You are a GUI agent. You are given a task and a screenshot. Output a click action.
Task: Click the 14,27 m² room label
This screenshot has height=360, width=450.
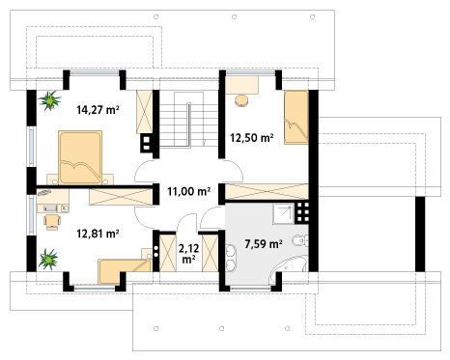98,110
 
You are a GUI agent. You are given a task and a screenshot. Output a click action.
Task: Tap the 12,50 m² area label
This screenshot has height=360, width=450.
252,138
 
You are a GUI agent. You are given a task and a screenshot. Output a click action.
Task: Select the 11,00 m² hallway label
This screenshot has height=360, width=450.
189,191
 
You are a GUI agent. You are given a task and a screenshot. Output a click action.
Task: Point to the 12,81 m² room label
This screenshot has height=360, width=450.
98,234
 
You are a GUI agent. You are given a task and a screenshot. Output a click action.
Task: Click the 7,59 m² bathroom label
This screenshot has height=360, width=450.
264,244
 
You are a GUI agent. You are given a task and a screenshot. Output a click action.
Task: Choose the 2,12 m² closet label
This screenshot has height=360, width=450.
188,254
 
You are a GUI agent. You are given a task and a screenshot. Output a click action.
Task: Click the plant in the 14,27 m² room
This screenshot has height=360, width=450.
49,100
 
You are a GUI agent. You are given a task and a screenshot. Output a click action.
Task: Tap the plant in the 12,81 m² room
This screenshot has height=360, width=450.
48,259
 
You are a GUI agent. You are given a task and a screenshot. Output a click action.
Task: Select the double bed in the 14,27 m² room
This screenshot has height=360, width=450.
80,157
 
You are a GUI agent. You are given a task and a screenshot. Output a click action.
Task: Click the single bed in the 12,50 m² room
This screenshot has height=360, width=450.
296,118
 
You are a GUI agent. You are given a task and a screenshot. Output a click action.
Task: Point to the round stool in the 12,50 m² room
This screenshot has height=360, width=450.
241,100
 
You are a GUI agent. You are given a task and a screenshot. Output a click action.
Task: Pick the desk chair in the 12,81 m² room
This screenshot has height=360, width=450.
52,222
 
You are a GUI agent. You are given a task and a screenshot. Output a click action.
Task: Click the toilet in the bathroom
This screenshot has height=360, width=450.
300,240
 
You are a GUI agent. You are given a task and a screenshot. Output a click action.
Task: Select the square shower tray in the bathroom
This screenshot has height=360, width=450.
284,213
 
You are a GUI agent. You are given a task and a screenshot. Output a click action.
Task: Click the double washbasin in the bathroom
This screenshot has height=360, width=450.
231,259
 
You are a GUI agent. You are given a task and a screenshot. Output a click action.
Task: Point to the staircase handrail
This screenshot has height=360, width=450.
189,125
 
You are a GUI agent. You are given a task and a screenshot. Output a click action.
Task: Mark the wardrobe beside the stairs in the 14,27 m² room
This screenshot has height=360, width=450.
144,112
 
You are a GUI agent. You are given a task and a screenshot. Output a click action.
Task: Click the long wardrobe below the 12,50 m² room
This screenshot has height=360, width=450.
267,191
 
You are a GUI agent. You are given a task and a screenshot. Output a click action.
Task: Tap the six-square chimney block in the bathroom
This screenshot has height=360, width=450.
303,212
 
